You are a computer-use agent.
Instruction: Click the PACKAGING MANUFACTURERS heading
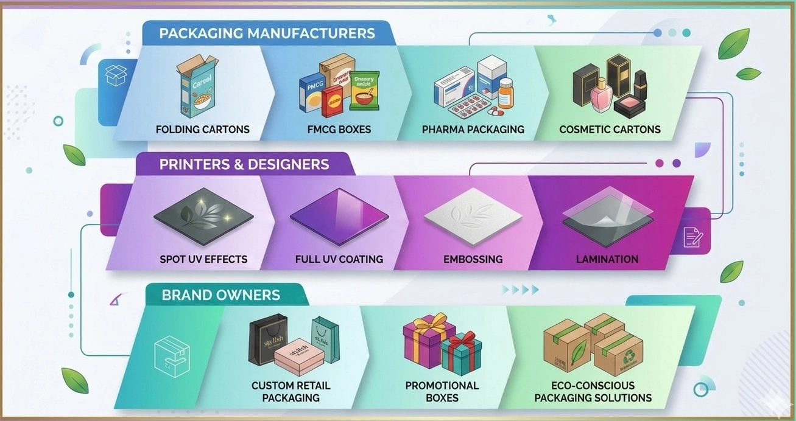(x=267, y=33)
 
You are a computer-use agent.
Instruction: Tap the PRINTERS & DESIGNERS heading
(x=244, y=164)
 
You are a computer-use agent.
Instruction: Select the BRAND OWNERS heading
(x=220, y=296)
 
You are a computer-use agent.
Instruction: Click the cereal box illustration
(x=197, y=85)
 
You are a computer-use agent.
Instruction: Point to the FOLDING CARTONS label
(x=202, y=130)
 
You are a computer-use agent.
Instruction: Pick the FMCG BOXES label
(x=339, y=130)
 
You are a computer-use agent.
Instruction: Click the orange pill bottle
(x=505, y=95)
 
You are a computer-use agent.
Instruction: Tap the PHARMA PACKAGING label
(x=473, y=130)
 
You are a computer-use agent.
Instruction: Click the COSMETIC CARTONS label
(x=610, y=130)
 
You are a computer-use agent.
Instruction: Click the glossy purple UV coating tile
(x=339, y=217)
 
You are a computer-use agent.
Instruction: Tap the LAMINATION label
(x=607, y=259)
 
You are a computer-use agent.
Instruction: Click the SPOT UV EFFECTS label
(x=203, y=259)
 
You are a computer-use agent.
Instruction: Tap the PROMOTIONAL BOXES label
(x=442, y=392)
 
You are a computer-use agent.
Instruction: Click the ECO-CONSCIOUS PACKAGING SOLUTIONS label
(x=593, y=392)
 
